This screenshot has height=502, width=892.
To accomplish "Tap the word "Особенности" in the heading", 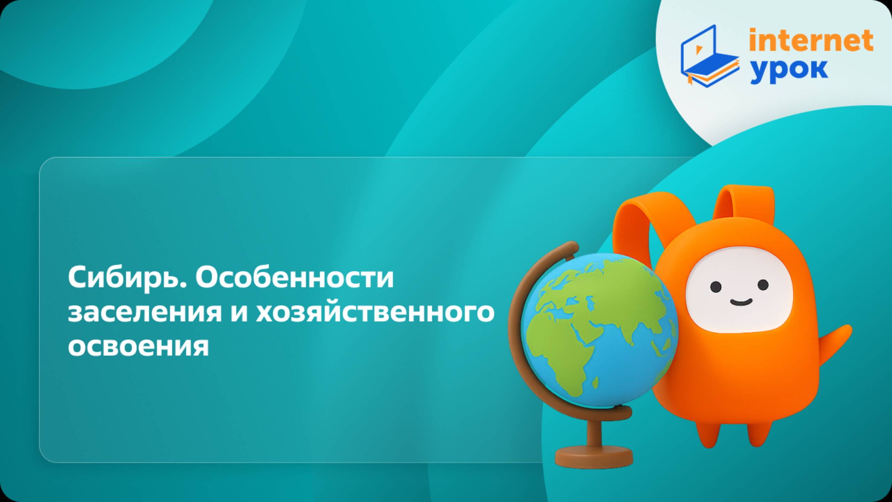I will point(294,277).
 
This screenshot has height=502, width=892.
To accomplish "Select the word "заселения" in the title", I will point(145,312).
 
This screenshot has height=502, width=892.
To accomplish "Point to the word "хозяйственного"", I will point(375,312).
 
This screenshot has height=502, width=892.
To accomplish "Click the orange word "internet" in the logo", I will point(811,40).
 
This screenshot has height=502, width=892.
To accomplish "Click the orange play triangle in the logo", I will point(699,50).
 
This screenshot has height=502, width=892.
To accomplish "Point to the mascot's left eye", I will point(716,287).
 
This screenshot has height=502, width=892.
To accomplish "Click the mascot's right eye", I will point(763,285).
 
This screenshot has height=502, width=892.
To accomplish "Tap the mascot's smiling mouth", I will point(741,302).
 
